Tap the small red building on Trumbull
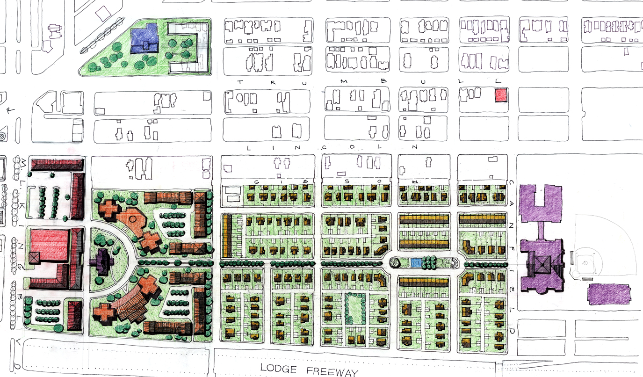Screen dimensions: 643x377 pyautogui.click(x=501, y=95)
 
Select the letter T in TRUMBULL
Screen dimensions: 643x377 pyautogui.click(x=240, y=82)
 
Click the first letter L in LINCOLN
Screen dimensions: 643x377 pyautogui.click(x=248, y=147)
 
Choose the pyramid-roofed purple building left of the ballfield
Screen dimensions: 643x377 pyautogui.click(x=544, y=265)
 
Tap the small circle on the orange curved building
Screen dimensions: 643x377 pyautogui.click(x=132, y=218)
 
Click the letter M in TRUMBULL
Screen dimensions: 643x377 pyautogui.click(x=344, y=82)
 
